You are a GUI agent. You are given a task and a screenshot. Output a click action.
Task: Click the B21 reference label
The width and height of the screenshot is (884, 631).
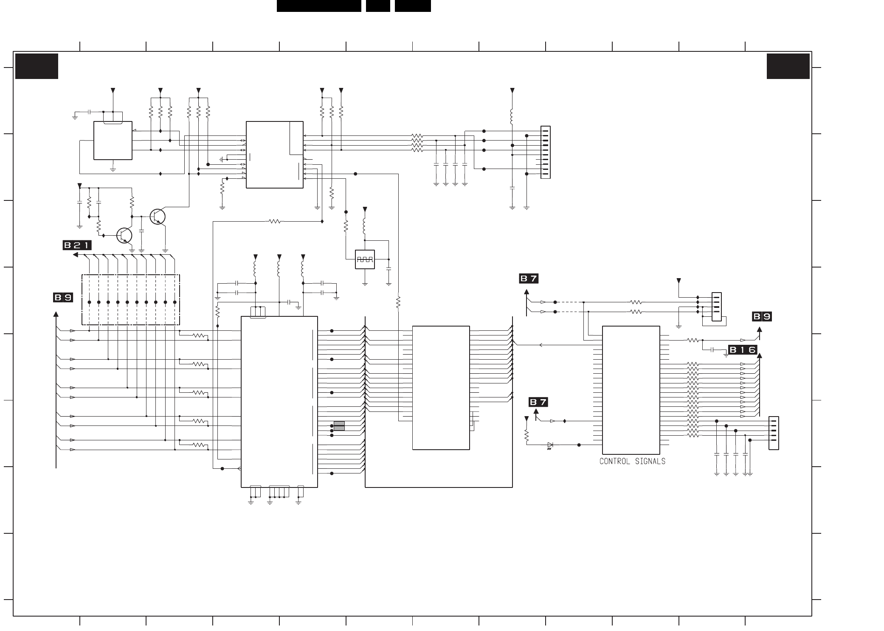[77, 245]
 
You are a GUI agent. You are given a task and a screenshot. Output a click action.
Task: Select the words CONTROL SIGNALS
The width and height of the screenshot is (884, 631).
[632, 461]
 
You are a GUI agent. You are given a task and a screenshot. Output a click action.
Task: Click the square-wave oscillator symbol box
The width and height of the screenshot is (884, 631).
[365, 259]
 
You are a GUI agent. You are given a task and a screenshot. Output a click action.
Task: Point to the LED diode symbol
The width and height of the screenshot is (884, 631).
[550, 445]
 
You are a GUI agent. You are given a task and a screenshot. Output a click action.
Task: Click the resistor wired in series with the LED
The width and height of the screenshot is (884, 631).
[526, 435]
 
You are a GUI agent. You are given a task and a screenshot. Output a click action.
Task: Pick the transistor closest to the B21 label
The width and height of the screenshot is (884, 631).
[124, 235]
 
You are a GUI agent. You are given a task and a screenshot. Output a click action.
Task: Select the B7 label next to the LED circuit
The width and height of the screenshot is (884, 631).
[538, 402]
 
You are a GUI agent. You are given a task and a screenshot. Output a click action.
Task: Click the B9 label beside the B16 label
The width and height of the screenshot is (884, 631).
[762, 316]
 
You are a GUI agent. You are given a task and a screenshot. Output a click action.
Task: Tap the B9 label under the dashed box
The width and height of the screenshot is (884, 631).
[63, 298]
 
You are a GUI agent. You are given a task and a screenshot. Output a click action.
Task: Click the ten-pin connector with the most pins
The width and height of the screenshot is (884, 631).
[545, 152]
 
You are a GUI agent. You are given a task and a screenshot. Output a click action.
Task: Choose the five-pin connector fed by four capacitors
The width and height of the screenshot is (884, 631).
[774, 433]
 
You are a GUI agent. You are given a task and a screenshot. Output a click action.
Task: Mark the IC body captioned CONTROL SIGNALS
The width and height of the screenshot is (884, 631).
[631, 390]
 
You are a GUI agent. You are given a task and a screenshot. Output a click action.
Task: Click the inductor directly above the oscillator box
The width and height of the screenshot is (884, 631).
[364, 226]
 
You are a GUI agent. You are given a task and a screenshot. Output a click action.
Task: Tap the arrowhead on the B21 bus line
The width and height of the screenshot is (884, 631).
[76, 255]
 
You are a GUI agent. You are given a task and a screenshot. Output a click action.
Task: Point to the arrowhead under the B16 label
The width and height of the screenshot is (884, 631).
[760, 356]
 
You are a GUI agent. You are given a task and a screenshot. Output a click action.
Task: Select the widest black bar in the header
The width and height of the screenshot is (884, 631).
[319, 6]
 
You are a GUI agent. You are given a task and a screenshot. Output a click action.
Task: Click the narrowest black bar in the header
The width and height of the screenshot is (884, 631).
[378, 6]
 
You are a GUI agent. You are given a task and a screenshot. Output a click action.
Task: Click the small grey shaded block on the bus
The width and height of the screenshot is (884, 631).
[339, 426]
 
